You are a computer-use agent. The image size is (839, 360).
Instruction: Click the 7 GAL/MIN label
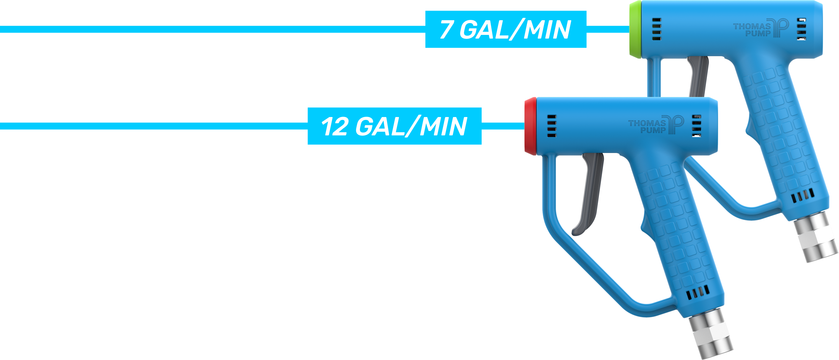[505, 30]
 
